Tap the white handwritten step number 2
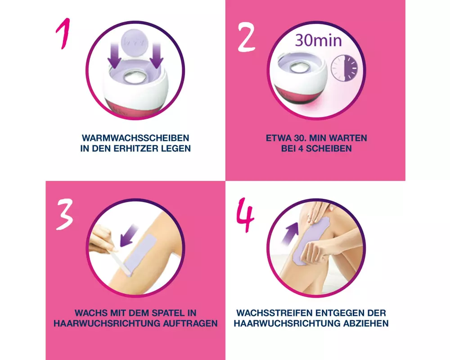click(x=246, y=38)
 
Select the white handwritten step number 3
click(x=65, y=214)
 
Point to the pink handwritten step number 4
click(x=245, y=215)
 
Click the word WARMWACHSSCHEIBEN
click(x=135, y=138)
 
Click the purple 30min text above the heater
click(x=318, y=40)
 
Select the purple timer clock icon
click(x=344, y=68)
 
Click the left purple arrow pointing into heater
click(x=114, y=56)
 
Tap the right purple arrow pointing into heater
click(x=156, y=56)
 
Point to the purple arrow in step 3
click(x=128, y=236)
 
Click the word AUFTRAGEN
click(x=190, y=324)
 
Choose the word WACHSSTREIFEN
click(x=274, y=313)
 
